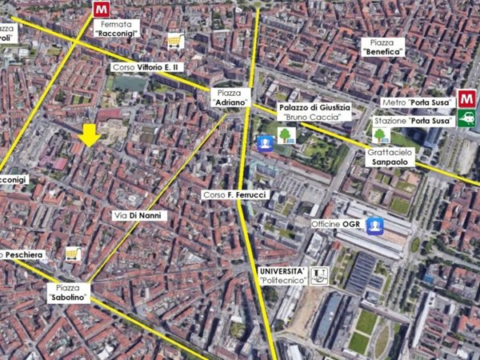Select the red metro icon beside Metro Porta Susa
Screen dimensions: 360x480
coord(466,100)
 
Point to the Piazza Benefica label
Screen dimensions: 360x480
coord(382,46)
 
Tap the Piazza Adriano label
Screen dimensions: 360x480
coord(229,98)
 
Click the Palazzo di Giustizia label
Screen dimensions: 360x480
coord(314,111)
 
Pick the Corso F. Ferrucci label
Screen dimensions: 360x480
coord(235,195)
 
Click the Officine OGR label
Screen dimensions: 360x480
coord(336,226)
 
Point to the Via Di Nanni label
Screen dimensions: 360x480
coord(130,216)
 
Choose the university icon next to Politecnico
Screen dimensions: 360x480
coord(319,276)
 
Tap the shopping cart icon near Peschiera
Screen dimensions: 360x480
coord(73,254)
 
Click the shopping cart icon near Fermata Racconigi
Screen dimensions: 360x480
coord(174,41)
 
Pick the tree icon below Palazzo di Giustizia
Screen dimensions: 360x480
coord(286,134)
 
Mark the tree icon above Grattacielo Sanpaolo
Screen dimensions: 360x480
coord(382,134)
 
